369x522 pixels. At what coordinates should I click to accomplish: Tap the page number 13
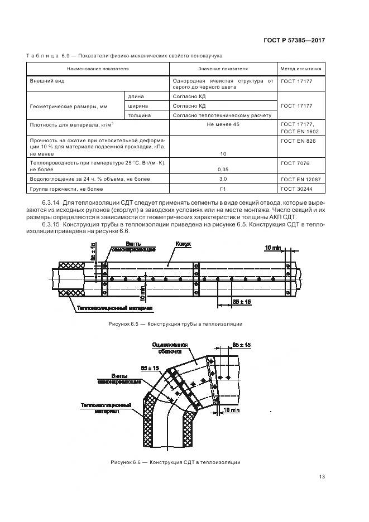pyautogui.click(x=322, y=476)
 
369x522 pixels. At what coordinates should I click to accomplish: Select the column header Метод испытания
pyautogui.click(x=301, y=69)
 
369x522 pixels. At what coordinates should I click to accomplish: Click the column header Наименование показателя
pyautogui.click(x=98, y=69)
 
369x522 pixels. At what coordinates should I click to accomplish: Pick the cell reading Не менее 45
pyautogui.click(x=223, y=124)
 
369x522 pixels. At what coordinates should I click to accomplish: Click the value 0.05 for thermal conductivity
pyautogui.click(x=223, y=168)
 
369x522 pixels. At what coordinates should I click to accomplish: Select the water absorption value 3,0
pyautogui.click(x=223, y=179)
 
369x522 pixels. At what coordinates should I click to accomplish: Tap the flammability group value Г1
pyautogui.click(x=223, y=189)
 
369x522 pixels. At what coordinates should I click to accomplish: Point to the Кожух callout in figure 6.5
pyautogui.click(x=183, y=244)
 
